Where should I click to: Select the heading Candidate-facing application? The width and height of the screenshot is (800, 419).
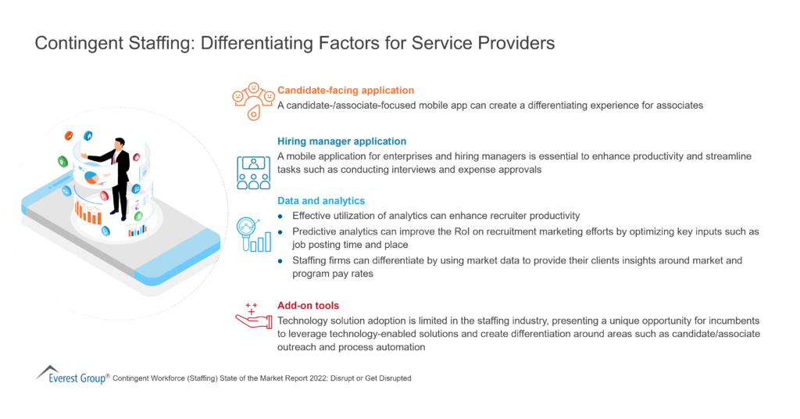[x=345, y=91]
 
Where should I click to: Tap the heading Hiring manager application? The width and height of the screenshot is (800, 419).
[x=341, y=141]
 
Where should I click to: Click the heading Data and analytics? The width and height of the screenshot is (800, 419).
[x=320, y=201]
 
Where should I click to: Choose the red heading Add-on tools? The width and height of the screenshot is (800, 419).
[x=308, y=306]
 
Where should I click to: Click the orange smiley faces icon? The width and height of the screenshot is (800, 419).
[x=252, y=99]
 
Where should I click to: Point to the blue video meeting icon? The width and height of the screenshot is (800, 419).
[x=252, y=171]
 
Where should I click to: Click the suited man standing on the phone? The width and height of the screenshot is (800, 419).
[x=117, y=177]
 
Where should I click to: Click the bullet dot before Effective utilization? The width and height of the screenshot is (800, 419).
[x=282, y=216]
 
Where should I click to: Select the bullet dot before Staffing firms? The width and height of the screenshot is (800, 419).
[x=282, y=260]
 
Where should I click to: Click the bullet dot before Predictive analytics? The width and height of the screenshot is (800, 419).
[x=282, y=231]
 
